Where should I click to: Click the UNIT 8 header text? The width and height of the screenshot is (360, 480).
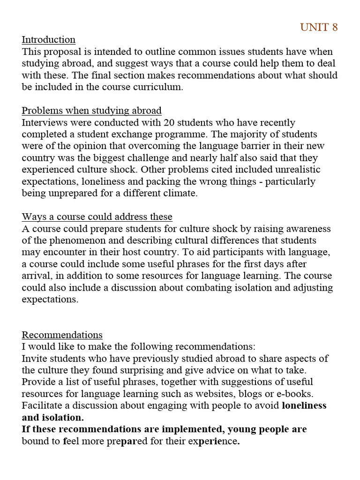tap(319, 27)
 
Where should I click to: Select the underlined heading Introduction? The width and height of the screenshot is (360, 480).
tap(48, 39)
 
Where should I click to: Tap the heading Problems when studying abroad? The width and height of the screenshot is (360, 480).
tap(91, 111)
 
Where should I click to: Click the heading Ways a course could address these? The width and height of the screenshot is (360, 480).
tap(97, 217)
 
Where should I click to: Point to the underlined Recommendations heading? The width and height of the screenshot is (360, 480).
tap(62, 335)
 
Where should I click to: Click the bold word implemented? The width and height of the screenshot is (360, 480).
tap(180, 429)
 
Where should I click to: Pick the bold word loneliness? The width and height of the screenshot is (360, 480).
tap(304, 405)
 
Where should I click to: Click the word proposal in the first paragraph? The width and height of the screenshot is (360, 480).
tap(60, 52)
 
